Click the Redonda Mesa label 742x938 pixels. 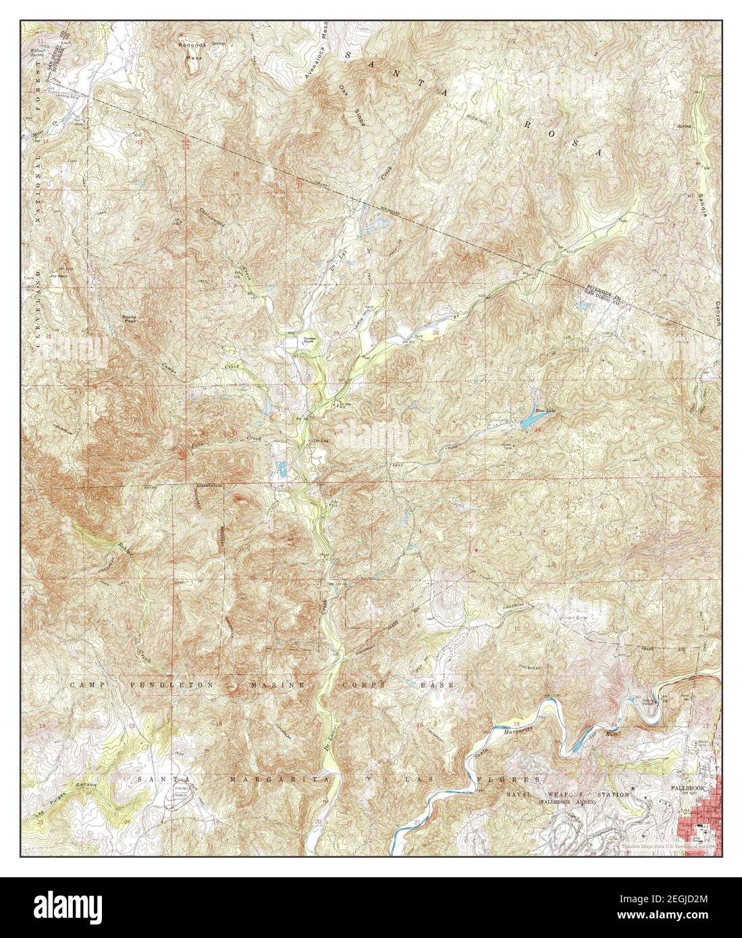tap(189, 51)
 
